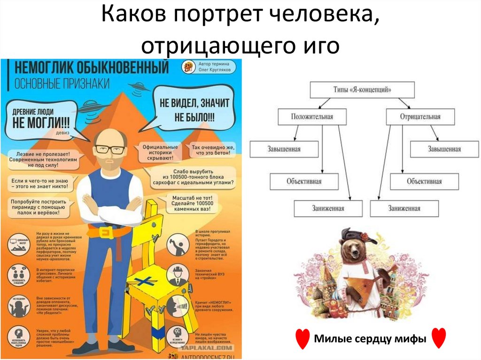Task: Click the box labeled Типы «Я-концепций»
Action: tap(362, 89)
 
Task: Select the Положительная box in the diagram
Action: tap(312, 117)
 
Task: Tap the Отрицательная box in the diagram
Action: tap(420, 117)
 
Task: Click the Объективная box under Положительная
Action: tap(304, 181)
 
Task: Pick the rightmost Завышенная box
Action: tap(444, 149)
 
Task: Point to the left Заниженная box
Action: tap(328, 208)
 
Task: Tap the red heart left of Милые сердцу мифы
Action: tap(303, 338)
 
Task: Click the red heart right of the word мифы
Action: tap(438, 338)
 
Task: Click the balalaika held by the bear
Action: tap(362, 286)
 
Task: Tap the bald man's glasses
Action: tap(110, 150)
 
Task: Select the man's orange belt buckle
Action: tap(104, 232)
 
